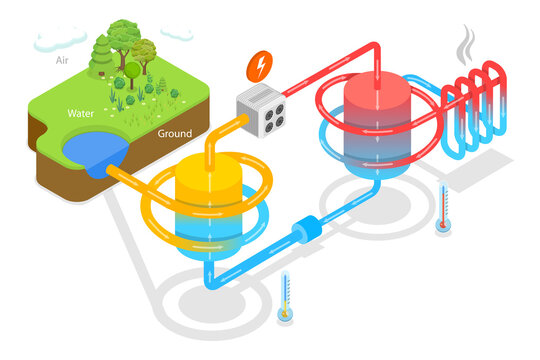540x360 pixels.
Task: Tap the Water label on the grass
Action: [80, 113]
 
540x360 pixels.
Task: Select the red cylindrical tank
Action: [376, 121]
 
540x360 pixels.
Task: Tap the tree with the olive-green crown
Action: [146, 50]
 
